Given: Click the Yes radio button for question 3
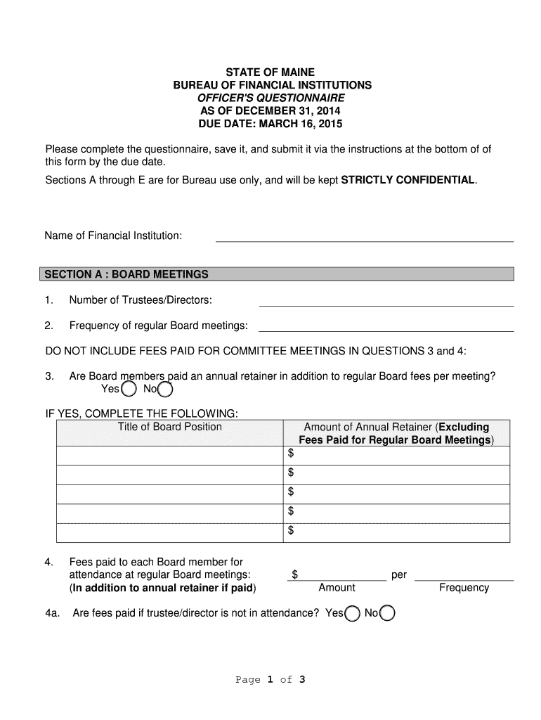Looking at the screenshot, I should [129, 389].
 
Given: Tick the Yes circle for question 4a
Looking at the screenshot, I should [353, 614].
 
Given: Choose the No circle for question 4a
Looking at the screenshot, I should [387, 614].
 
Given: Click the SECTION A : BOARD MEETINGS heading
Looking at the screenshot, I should [126, 274].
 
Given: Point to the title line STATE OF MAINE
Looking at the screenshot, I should [270, 72].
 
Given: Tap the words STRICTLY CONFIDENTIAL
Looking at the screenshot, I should [408, 180].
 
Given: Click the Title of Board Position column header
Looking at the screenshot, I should [169, 427].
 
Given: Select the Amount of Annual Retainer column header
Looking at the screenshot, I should [396, 433].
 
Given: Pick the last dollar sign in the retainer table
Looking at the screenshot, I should [290, 531].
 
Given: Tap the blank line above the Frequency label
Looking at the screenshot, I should [464, 576].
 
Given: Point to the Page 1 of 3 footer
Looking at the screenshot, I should [270, 680].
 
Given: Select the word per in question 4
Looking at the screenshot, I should [399, 575].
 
